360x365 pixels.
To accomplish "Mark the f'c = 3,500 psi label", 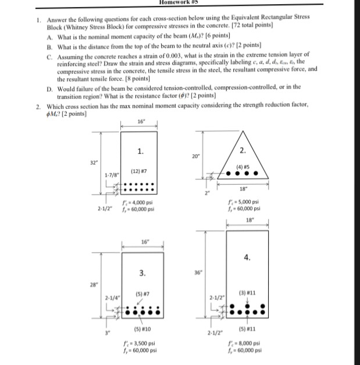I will click(138, 343).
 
